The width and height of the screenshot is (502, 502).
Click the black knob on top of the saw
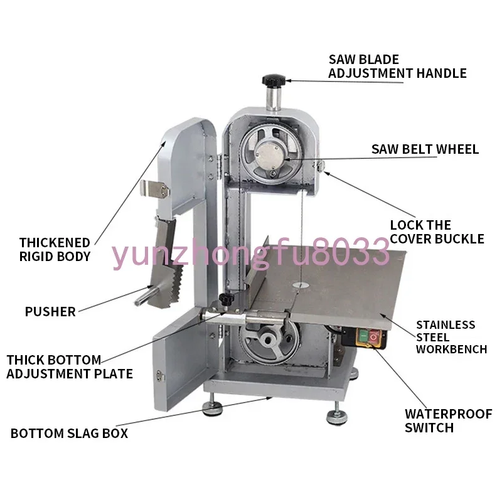[274, 81]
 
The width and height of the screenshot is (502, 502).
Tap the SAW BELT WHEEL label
[425, 149]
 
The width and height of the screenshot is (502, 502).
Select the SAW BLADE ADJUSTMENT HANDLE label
[397, 67]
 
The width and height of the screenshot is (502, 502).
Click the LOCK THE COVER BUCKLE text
[437, 232]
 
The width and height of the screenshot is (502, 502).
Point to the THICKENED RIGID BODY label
[55, 249]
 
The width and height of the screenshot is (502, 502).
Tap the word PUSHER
[50, 311]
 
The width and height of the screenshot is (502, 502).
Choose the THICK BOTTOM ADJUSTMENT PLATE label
[70, 367]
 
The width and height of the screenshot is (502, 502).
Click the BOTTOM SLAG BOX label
[69, 434]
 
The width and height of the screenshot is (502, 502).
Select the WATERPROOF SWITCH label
[448, 420]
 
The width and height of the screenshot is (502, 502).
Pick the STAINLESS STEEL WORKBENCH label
[451, 337]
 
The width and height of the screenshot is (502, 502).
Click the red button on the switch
[375, 339]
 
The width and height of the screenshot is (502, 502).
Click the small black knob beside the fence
[225, 301]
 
